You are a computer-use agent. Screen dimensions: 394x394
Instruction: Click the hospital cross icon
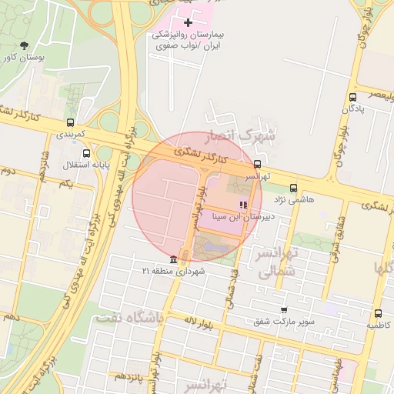[x=188, y=23]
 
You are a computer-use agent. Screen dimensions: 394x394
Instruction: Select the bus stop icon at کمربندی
[x=71, y=122]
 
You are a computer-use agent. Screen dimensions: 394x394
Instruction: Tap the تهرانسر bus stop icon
[x=257, y=163]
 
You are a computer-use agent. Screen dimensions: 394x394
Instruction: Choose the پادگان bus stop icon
[x=352, y=97]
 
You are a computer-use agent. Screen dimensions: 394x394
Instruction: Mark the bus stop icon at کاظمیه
[x=378, y=313]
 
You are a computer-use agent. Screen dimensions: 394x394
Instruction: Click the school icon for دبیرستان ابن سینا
[x=243, y=204]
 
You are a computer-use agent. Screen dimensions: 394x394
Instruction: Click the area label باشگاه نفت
[x=127, y=317]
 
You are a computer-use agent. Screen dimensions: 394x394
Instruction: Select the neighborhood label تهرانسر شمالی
[x=275, y=262]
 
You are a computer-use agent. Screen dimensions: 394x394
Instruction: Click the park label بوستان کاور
[x=23, y=58]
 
